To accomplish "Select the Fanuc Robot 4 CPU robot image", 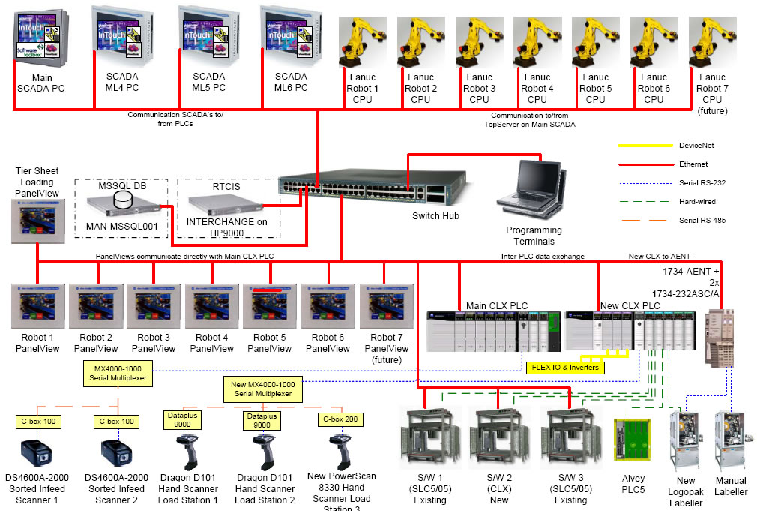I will tap(537, 42).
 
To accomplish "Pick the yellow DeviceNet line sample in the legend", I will tap(643, 146).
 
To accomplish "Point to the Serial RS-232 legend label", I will tap(702, 182).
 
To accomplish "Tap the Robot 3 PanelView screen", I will tap(154, 306).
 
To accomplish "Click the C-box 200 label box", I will tap(339, 419).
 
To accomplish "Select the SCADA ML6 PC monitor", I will tap(290, 34).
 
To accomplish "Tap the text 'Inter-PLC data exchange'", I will tap(542, 257).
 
